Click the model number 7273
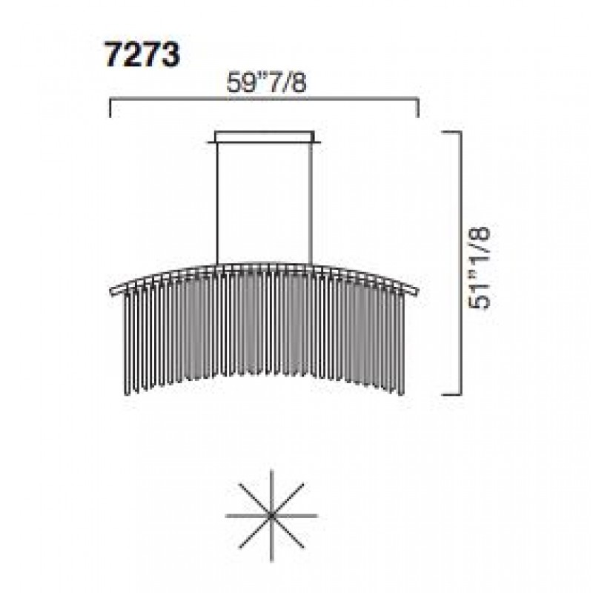pyautogui.click(x=142, y=55)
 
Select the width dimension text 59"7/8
pyautogui.click(x=266, y=83)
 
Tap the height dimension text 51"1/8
pyautogui.click(x=479, y=268)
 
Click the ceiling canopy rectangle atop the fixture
pyautogui.click(x=264, y=136)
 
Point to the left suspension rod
pyautogui.click(x=217, y=203)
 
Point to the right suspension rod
pyautogui.click(x=311, y=203)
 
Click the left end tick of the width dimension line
pyautogui.click(x=110, y=107)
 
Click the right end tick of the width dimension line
pyautogui.click(x=418, y=107)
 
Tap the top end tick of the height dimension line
pyautogui.click(x=452, y=132)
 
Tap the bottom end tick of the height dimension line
pyautogui.click(x=452, y=394)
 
